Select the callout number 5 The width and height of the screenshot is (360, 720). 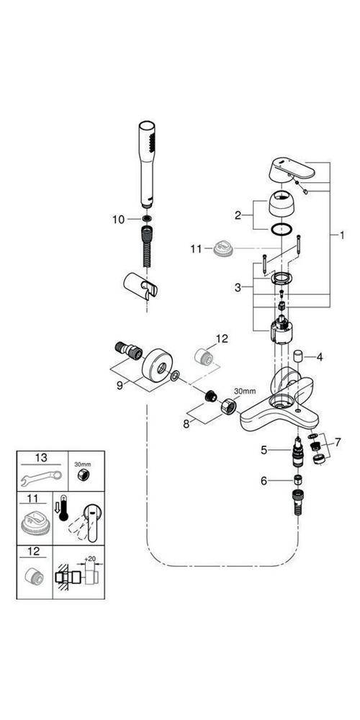click(264, 450)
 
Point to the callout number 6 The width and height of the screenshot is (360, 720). click(264, 480)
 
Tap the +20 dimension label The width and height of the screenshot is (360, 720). click(89, 558)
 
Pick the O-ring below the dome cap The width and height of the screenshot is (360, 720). click(284, 230)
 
